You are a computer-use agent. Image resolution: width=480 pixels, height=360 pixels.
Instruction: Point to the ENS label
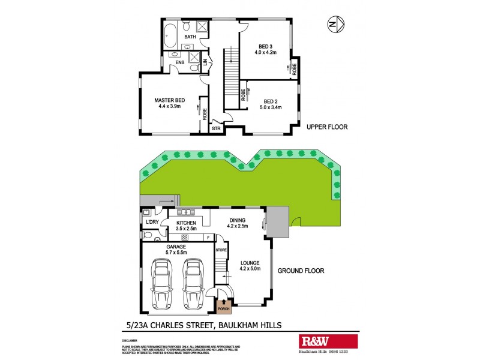click(180, 62)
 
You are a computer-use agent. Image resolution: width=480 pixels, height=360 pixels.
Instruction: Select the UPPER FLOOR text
click(327, 127)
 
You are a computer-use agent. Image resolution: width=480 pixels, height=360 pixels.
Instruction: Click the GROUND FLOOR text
click(301, 271)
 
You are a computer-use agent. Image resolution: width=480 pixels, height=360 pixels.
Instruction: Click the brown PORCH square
click(224, 305)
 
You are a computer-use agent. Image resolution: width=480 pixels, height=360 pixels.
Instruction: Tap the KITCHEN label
click(187, 223)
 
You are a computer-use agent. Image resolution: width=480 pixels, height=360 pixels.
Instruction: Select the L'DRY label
click(152, 223)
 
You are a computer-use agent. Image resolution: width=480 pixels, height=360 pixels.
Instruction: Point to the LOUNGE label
click(250, 262)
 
